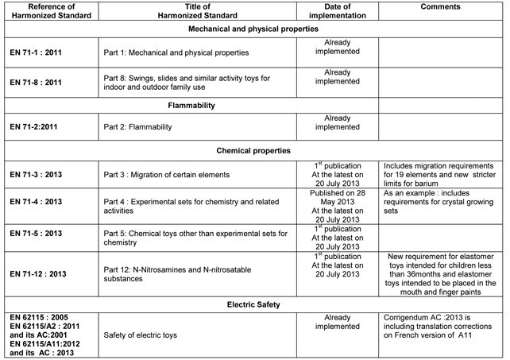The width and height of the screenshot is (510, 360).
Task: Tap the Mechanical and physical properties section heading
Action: pyautogui.click(x=254, y=29)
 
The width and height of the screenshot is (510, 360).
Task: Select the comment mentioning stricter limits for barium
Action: pyautogui.click(x=437, y=172)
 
